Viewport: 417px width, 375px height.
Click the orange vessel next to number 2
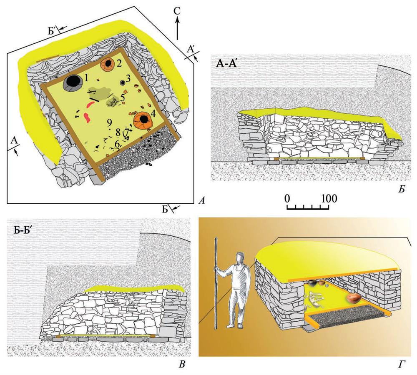tap(108, 64)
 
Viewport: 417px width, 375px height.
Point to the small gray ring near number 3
tap(123, 82)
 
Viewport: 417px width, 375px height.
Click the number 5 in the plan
tap(123, 97)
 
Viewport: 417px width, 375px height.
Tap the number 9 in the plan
tap(109, 123)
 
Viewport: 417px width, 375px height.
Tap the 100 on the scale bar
tap(329, 198)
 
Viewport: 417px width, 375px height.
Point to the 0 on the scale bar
tap(287, 198)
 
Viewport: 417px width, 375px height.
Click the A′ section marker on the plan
tap(192, 50)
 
